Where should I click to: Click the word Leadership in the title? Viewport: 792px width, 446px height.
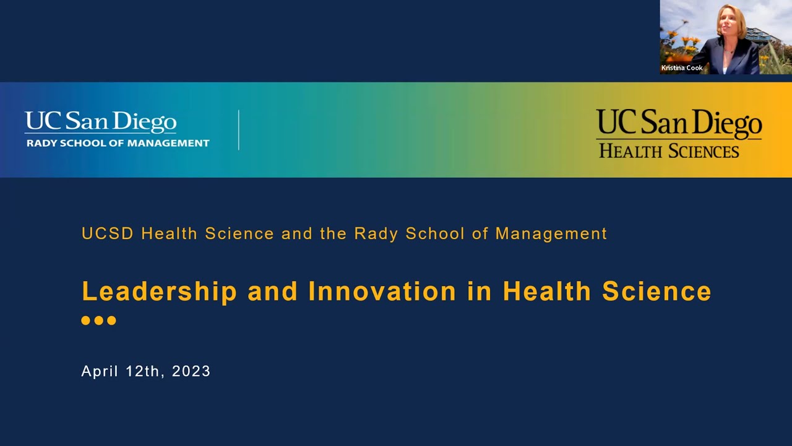(159, 292)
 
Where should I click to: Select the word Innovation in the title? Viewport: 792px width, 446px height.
(382, 292)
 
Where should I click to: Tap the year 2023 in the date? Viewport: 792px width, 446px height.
(191, 371)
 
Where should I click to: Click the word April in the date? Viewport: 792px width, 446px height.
(99, 371)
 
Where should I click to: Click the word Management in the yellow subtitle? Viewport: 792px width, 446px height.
(551, 234)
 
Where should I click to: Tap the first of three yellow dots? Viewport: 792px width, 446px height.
(86, 320)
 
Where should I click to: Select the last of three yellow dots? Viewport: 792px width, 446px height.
(111, 320)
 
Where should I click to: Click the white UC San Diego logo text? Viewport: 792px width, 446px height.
(100, 122)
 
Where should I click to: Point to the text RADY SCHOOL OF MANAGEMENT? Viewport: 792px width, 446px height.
(118, 143)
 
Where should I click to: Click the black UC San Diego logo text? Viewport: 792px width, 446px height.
(679, 124)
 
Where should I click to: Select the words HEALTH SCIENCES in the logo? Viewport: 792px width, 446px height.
(669, 151)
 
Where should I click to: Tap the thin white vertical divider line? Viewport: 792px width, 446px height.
(239, 130)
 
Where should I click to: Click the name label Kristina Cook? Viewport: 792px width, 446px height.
(682, 68)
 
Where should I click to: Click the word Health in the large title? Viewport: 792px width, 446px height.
(547, 292)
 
